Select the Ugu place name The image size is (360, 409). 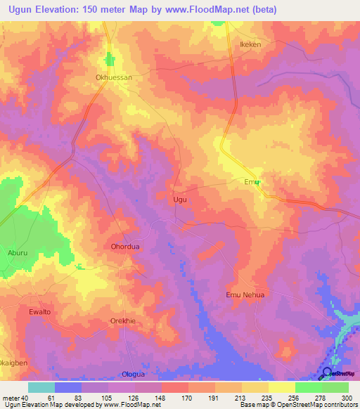point(180,200)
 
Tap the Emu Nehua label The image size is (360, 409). point(245,294)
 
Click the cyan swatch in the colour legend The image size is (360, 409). point(41,387)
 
